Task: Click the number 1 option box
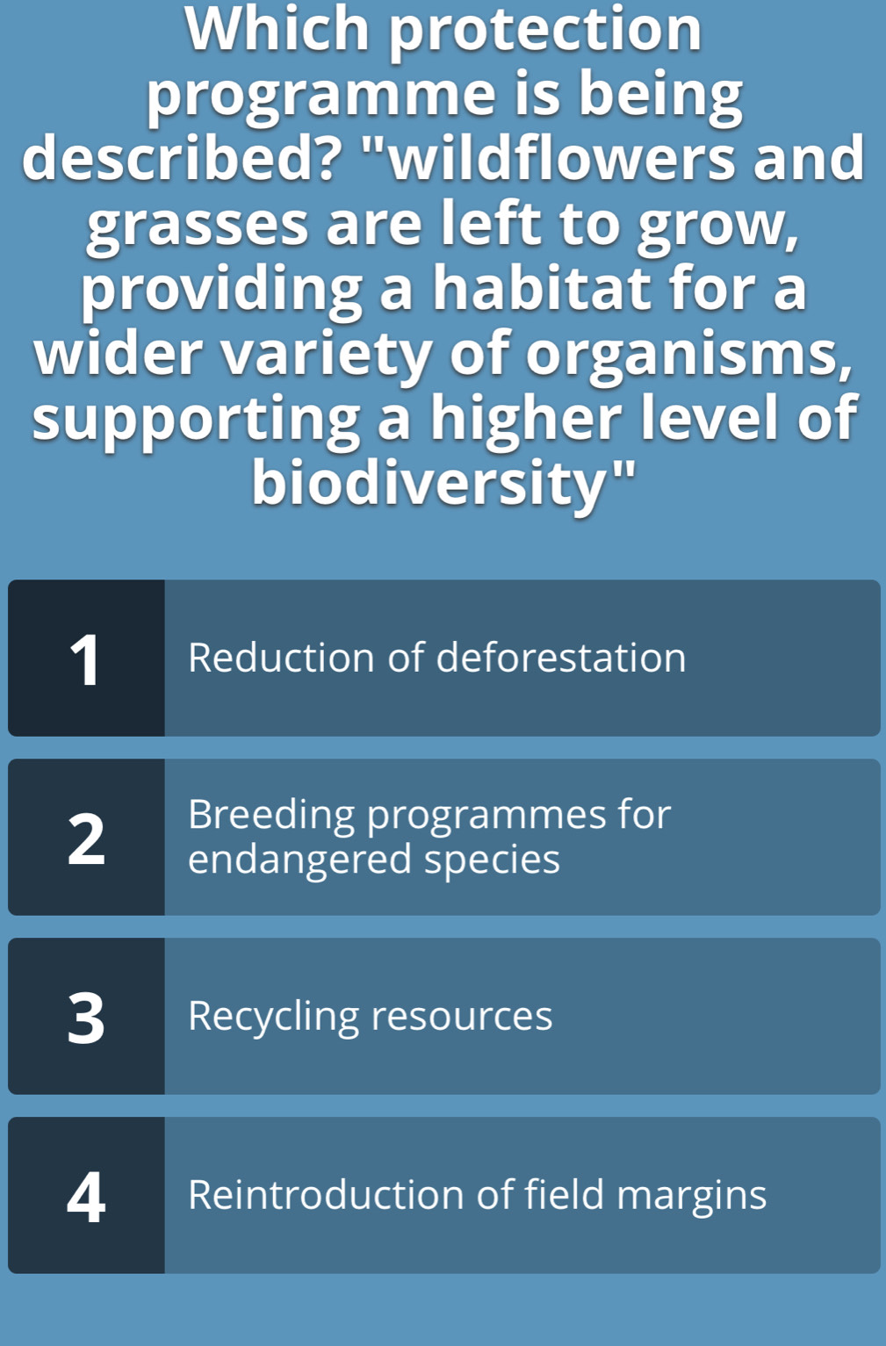tap(86, 658)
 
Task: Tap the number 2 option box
tap(86, 837)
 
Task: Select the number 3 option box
tap(86, 1016)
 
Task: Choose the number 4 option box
tap(86, 1195)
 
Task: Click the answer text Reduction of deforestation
tap(437, 658)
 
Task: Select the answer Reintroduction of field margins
tap(478, 1196)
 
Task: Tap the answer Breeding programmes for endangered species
tap(429, 837)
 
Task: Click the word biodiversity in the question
tap(428, 483)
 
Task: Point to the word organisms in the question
tap(688, 354)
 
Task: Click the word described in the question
tap(179, 157)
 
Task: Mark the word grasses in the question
tap(198, 225)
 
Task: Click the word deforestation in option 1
tap(561, 658)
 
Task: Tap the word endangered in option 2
tap(299, 860)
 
